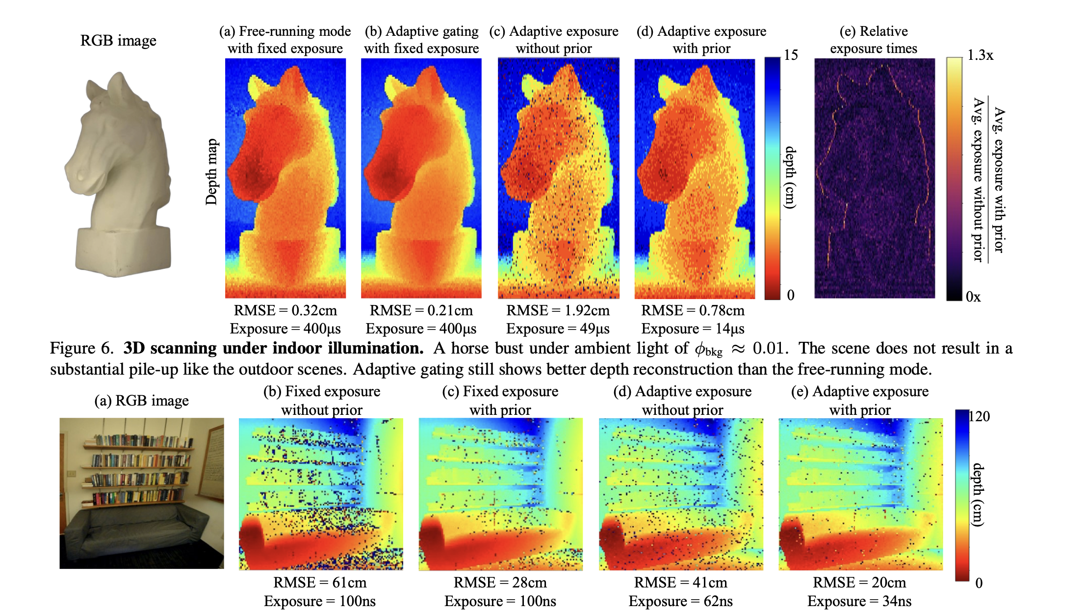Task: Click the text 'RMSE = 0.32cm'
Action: [x=285, y=310]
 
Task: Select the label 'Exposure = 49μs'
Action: [x=558, y=329]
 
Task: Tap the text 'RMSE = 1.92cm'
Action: [x=558, y=310]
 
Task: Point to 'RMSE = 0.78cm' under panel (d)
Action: [x=693, y=310]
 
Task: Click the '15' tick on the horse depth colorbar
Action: [x=791, y=55]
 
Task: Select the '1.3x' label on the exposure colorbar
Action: [x=980, y=55]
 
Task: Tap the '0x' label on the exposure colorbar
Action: [x=973, y=297]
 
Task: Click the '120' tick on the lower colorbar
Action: [x=979, y=416]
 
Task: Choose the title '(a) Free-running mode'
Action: [x=285, y=31]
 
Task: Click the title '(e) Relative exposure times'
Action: [x=874, y=40]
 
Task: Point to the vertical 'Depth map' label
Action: [x=211, y=172]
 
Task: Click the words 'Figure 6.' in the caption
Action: [x=81, y=348]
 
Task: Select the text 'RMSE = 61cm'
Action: [x=320, y=583]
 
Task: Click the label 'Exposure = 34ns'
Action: [x=859, y=601]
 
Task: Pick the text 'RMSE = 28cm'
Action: [x=500, y=583]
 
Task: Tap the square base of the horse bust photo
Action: [x=123, y=250]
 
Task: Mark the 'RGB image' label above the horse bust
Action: [x=118, y=40]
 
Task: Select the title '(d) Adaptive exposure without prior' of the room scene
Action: [x=682, y=400]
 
